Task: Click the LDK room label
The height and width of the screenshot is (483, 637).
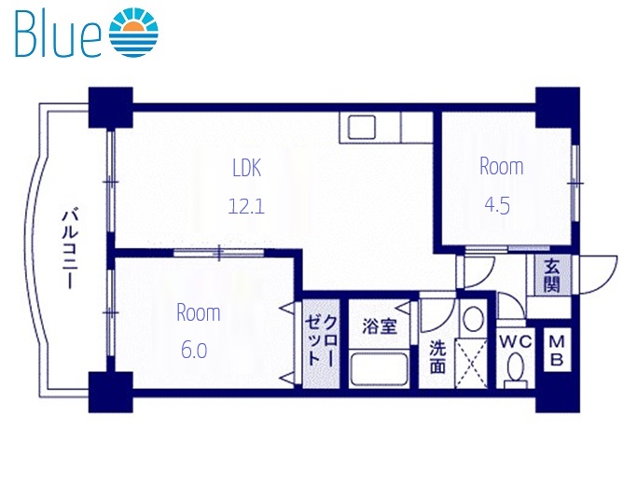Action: [x=246, y=168]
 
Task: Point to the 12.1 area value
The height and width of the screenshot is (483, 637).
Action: [x=246, y=206]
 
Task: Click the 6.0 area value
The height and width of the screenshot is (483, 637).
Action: [x=194, y=351]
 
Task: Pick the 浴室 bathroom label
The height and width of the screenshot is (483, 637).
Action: [x=380, y=326]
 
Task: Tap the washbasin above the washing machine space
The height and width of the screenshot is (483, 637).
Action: [x=473, y=320]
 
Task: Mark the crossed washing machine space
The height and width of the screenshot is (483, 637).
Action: [x=473, y=366]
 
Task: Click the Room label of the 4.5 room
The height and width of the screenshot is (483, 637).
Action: [x=501, y=167]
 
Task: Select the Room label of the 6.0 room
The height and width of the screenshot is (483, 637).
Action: [x=199, y=312]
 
